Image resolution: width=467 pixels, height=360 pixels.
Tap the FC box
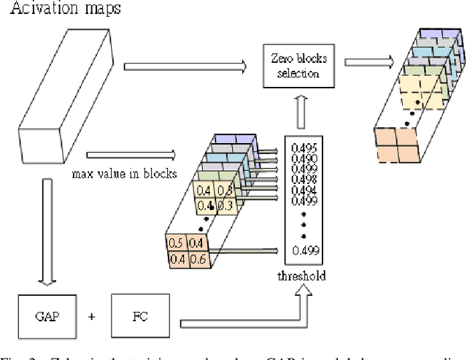coord(139,316)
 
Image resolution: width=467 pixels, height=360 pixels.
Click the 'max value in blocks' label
coord(123,175)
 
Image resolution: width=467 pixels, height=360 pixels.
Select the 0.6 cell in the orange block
coord(196,258)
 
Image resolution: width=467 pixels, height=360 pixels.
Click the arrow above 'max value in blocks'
coord(131,155)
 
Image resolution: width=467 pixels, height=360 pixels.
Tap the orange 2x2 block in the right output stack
coord(395,145)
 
